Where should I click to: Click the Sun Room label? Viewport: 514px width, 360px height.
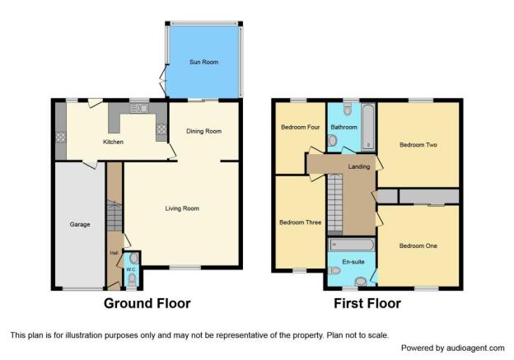(x=203, y=62)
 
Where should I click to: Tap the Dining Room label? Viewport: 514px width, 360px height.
(x=203, y=131)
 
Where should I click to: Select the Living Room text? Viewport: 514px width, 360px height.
(x=182, y=208)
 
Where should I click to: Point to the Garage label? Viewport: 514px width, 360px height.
(x=80, y=225)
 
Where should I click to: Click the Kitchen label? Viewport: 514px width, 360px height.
(x=113, y=142)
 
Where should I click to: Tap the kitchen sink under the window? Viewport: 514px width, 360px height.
(x=139, y=108)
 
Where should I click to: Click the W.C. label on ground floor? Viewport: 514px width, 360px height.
(x=131, y=269)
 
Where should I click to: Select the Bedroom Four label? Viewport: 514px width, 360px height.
(x=301, y=127)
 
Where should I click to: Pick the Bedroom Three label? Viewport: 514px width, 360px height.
(x=300, y=222)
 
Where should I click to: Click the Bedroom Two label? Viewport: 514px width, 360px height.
(x=418, y=145)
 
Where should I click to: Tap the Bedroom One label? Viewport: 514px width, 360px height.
(x=418, y=245)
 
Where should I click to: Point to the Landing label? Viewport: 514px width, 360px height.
(x=359, y=167)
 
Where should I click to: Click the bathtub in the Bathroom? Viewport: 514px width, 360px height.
(x=368, y=127)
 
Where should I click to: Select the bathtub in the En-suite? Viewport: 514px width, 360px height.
(x=352, y=245)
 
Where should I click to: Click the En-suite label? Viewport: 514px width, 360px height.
(x=353, y=262)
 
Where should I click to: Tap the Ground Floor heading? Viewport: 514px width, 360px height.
(x=147, y=304)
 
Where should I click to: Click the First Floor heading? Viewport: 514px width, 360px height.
(x=367, y=304)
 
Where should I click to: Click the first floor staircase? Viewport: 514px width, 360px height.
(x=335, y=204)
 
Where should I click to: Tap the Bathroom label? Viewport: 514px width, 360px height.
(x=343, y=127)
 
